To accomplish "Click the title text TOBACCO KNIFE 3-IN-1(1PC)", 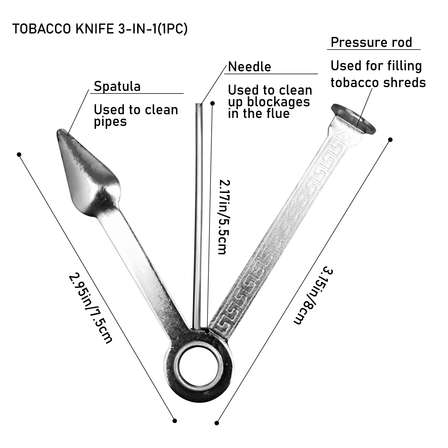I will tap(100, 29).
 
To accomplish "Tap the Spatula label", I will tap(117, 86).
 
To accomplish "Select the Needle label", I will tap(249, 67).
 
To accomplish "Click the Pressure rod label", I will tap(371, 43).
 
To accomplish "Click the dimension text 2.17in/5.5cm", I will tap(223, 217).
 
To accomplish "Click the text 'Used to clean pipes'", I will tap(136, 115).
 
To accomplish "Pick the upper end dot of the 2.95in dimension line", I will tap(19, 155).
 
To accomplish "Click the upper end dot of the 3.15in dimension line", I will tap(390, 139).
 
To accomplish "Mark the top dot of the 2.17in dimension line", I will tap(213, 103).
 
